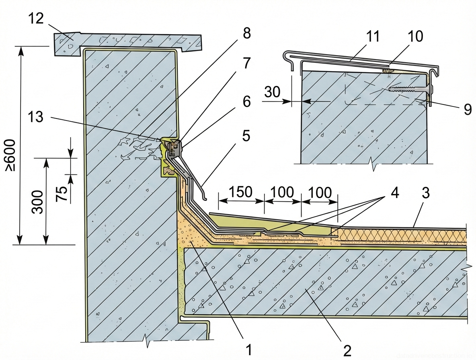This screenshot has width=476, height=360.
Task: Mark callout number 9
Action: [467, 109]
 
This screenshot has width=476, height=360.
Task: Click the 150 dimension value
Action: [242, 192]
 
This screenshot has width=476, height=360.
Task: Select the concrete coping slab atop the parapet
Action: [129, 40]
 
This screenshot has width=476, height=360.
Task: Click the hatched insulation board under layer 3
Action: [402, 235]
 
